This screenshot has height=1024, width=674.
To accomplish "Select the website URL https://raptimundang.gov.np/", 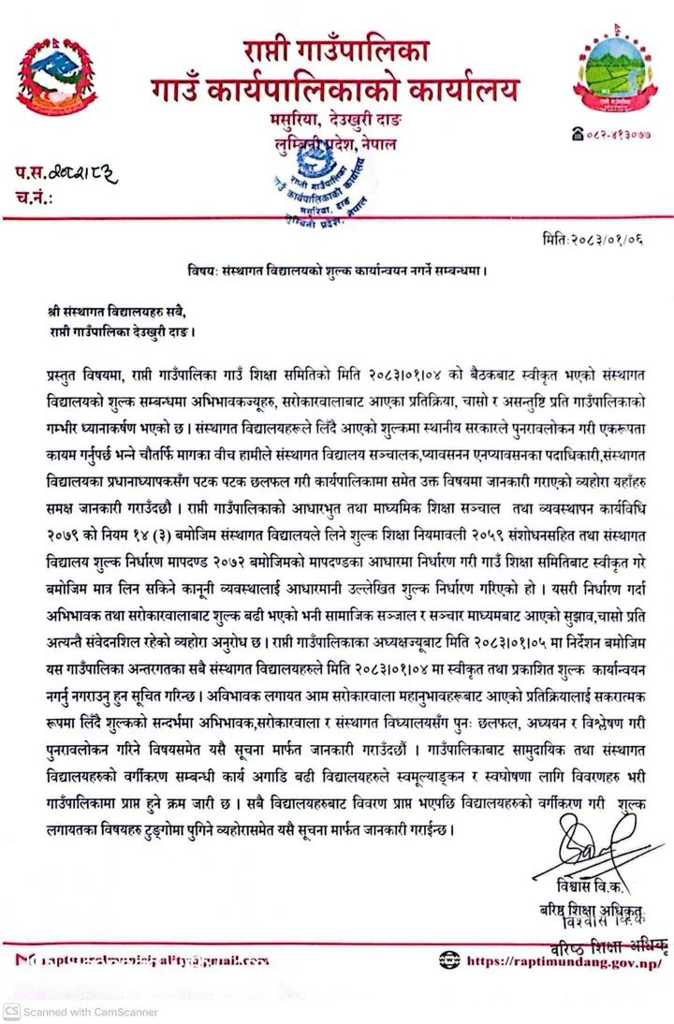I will click(563, 960).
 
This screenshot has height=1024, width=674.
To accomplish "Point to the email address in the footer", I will click(150, 960).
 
